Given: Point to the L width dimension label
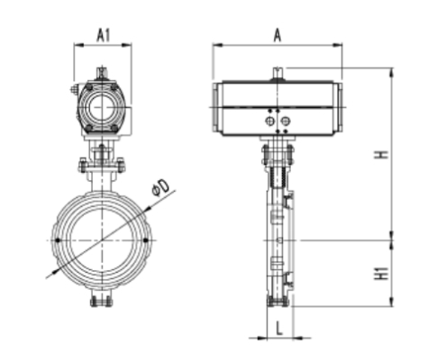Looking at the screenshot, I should click(x=280, y=328).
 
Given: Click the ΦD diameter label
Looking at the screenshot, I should click(x=162, y=187).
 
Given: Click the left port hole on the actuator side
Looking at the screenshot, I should click(x=269, y=119).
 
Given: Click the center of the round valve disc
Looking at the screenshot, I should click(x=102, y=239).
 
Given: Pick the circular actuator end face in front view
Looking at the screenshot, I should click(x=100, y=106).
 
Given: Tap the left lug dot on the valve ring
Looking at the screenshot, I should click(x=59, y=240).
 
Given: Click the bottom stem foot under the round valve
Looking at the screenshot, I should click(x=101, y=301).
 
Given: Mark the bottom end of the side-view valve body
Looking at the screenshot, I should click(x=278, y=302).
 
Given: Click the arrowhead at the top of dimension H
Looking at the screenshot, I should click(x=391, y=70).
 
